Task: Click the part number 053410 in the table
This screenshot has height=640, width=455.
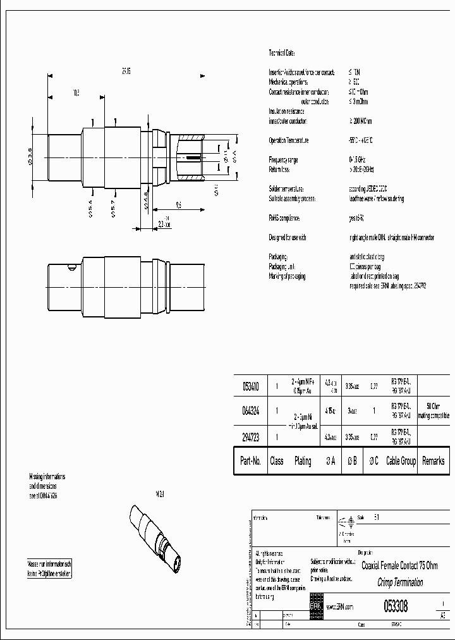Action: [250, 385]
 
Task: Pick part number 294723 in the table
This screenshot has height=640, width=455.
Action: [250, 436]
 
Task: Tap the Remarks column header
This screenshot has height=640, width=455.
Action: [433, 462]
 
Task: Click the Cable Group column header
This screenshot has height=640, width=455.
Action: [401, 462]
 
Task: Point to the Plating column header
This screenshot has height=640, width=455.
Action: [303, 462]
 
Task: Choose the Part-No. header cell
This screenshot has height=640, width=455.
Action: [250, 462]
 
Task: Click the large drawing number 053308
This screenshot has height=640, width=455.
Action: [396, 606]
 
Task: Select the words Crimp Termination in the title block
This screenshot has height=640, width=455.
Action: [400, 582]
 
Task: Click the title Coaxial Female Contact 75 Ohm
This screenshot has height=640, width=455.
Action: [399, 565]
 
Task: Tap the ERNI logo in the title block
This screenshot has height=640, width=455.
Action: [316, 606]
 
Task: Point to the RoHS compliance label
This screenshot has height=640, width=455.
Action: [285, 218]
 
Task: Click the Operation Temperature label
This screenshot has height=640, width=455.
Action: [289, 140]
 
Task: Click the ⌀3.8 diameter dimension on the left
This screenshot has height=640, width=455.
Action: [30, 155]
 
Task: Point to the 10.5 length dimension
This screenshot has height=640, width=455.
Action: [76, 93]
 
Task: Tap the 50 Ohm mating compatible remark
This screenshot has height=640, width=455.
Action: [433, 410]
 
